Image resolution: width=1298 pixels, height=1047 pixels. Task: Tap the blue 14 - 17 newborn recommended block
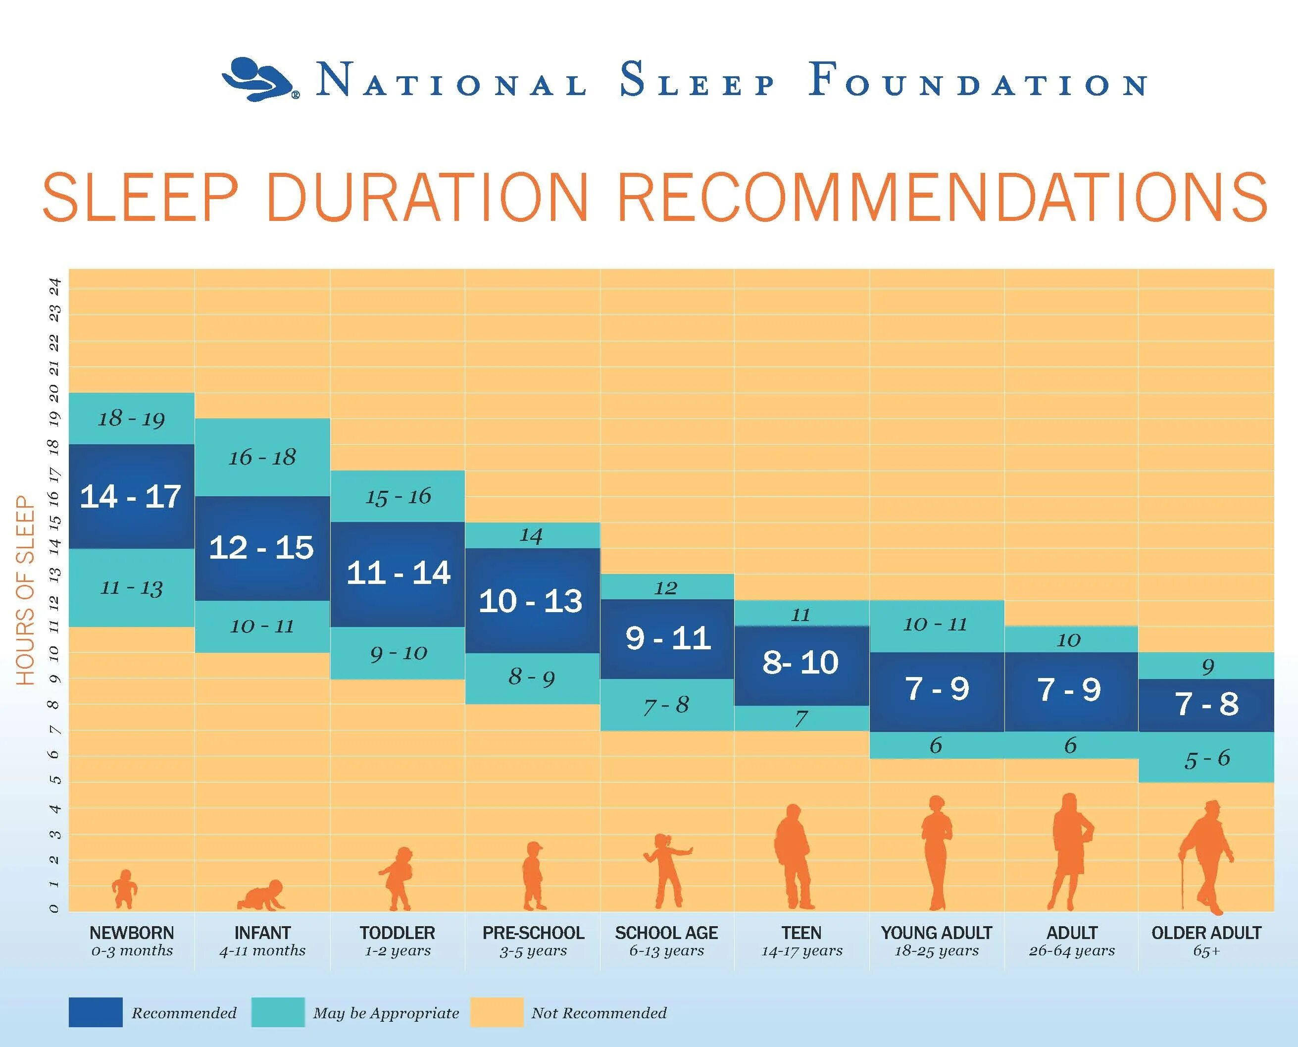point(131,496)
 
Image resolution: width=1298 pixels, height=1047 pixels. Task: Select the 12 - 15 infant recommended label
point(262,548)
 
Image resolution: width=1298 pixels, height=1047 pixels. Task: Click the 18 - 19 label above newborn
point(131,419)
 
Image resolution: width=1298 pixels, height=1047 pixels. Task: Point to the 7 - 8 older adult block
point(1206,704)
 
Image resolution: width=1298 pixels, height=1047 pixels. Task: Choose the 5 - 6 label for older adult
point(1206,759)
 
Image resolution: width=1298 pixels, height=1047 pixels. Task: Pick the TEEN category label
point(801,933)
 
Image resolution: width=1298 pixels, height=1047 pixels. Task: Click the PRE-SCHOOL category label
point(533,933)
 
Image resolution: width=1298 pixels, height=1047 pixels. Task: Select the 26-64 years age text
point(1071,951)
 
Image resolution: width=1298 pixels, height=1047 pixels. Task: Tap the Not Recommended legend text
point(599,1013)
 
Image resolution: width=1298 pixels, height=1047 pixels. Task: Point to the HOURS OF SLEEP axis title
point(25,590)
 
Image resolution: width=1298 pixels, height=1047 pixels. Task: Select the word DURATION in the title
point(427,198)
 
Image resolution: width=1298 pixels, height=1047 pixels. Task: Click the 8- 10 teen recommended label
point(800,663)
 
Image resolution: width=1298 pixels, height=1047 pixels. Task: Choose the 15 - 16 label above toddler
point(398,497)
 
